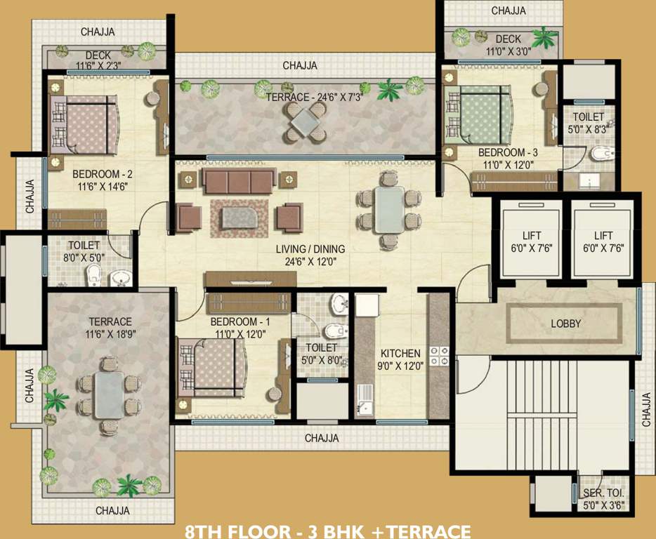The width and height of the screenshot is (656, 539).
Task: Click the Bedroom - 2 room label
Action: pos(103,173)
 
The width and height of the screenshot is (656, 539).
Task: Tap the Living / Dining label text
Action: pos(310,249)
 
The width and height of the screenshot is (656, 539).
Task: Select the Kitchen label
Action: pos(400,353)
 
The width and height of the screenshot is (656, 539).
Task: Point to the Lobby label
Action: pos(565,324)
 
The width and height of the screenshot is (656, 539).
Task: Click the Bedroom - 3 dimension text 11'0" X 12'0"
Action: pos(509,165)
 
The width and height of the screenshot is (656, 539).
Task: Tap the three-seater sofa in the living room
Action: pos(240,180)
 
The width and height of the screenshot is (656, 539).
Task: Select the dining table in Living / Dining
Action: pos(390,209)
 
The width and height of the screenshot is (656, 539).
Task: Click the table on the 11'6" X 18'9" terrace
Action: pos(109,395)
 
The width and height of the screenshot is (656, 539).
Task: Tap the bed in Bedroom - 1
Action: pos(213,368)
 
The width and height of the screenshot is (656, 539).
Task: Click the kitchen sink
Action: pos(365,400)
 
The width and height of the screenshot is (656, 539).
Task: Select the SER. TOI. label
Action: pos(603,493)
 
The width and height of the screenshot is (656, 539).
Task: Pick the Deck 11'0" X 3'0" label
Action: pos(509,45)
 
